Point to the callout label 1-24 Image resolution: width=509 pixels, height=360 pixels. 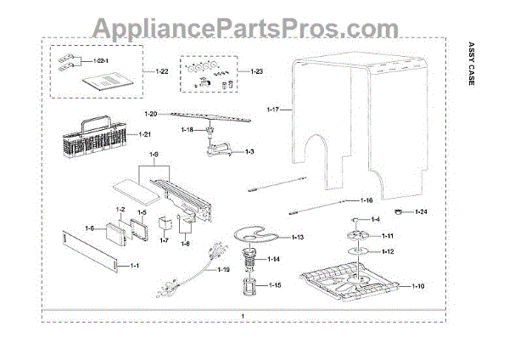tap(422, 211)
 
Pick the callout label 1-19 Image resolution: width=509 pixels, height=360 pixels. tap(222, 269)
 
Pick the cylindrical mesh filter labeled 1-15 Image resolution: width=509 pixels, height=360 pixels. tap(250, 289)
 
